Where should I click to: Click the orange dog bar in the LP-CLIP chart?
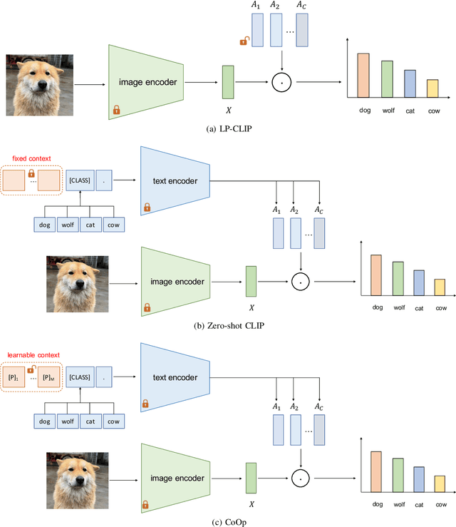point(363,76)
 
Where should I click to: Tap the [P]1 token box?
point(13,377)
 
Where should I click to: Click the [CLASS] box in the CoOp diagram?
point(80,377)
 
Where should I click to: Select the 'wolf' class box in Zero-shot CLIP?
point(68,223)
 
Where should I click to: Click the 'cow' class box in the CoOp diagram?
point(113,421)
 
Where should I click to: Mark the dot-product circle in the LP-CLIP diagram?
point(283,83)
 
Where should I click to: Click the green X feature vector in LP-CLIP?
point(227,82)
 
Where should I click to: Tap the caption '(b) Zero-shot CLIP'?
point(228,325)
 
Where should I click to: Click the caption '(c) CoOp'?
point(228,520)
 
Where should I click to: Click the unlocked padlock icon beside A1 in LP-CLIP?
point(243,41)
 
